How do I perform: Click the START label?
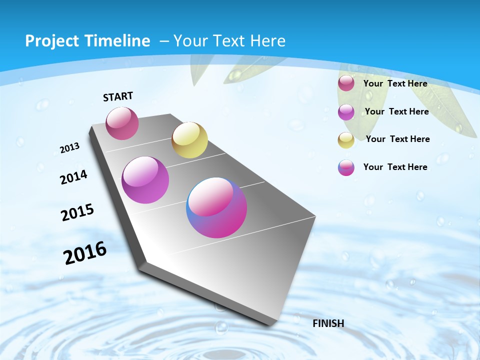click(x=118, y=96)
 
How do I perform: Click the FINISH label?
click(x=328, y=323)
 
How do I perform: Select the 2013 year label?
click(x=69, y=147)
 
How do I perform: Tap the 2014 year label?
click(x=73, y=177)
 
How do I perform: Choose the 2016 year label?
click(x=85, y=252)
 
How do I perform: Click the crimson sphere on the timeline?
click(x=122, y=123)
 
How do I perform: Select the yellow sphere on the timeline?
click(x=189, y=140)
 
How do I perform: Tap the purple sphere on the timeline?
click(x=145, y=180)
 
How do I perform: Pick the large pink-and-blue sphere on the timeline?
click(x=216, y=207)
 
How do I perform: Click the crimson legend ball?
click(x=346, y=83)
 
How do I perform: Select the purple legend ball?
click(x=346, y=112)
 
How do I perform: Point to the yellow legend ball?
click(x=346, y=140)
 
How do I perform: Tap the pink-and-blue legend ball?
click(x=346, y=167)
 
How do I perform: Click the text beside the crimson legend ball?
click(x=395, y=83)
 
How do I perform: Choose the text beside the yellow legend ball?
click(x=397, y=139)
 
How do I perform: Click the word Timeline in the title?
click(x=118, y=41)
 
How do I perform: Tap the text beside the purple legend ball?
click(x=396, y=111)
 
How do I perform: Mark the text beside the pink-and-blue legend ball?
click(x=395, y=167)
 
